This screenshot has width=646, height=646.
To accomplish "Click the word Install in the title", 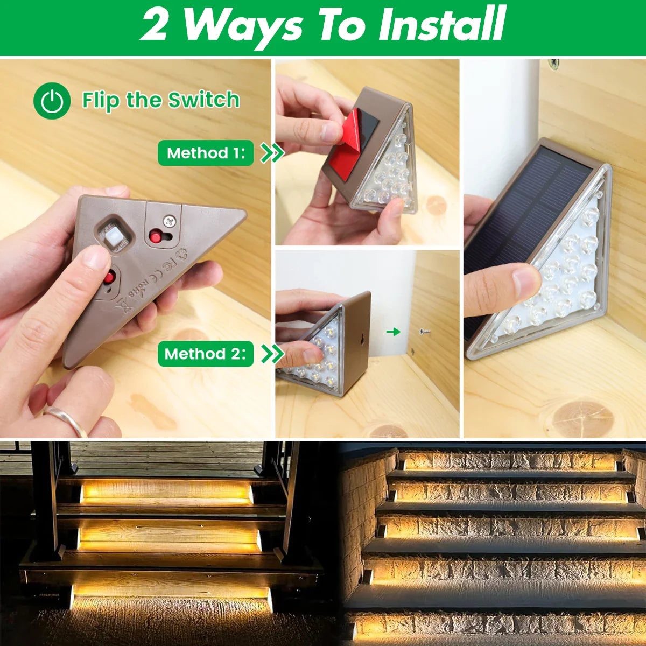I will click(x=441, y=24).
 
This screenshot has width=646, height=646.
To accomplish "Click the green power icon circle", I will click(x=52, y=101).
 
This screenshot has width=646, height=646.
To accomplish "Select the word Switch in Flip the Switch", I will click(x=203, y=100).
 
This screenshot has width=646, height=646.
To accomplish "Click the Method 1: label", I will click(x=205, y=153).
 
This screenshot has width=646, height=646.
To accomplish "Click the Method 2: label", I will click(x=205, y=354).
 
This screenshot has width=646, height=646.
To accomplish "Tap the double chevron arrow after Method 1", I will click(x=272, y=153).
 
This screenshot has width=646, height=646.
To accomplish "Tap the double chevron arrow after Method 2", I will click(x=272, y=354).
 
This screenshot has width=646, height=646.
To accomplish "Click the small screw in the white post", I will click(x=424, y=332).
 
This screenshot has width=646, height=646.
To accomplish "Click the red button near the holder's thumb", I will click(x=110, y=278).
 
